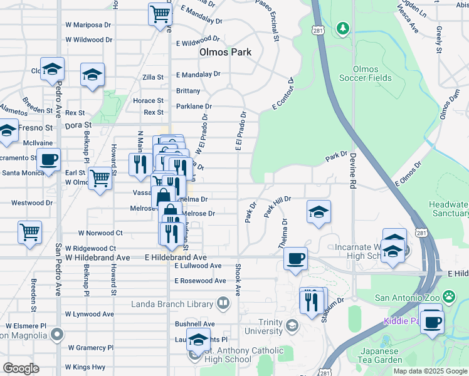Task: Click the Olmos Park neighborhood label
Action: pyautogui.click(x=225, y=52)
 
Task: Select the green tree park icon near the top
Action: pyautogui.click(x=342, y=28)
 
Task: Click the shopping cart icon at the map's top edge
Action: pyautogui.click(x=160, y=14)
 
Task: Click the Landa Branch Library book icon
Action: pyautogui.click(x=222, y=304)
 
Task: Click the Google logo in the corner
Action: pyautogui.click(x=21, y=368)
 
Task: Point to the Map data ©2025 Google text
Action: pyautogui.click(x=429, y=371)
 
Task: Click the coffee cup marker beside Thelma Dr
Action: pyautogui.click(x=295, y=258)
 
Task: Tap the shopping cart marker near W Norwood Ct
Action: pyautogui.click(x=29, y=231)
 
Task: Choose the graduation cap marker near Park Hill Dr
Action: pyautogui.click(x=319, y=211)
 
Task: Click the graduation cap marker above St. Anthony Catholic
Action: pyautogui.click(x=198, y=339)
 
